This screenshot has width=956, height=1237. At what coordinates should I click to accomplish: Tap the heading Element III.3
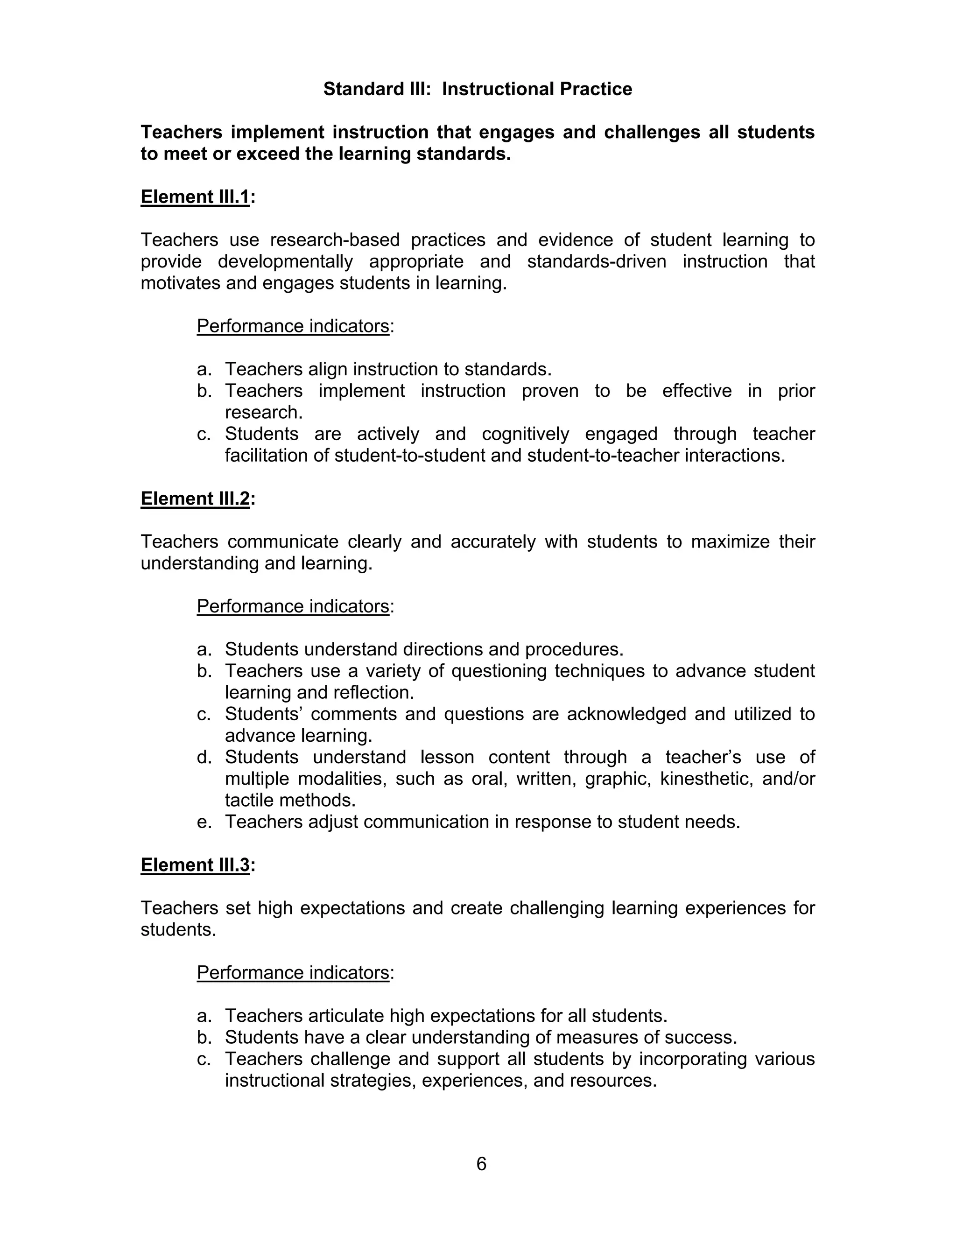coord(195,865)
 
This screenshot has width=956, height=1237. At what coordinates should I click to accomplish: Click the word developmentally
coord(285,262)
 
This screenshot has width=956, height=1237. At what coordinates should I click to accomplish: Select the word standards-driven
coord(597,262)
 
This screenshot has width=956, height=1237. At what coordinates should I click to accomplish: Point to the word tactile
coord(249,800)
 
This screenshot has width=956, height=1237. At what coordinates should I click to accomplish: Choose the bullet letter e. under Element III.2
coord(204,822)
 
